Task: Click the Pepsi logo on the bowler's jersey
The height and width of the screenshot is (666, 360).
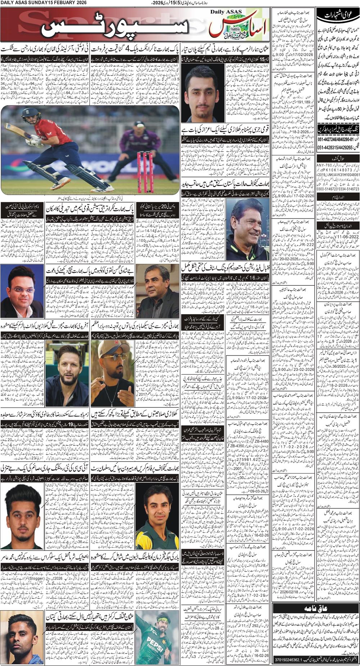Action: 156,640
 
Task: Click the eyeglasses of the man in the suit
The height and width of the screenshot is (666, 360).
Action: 21,289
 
